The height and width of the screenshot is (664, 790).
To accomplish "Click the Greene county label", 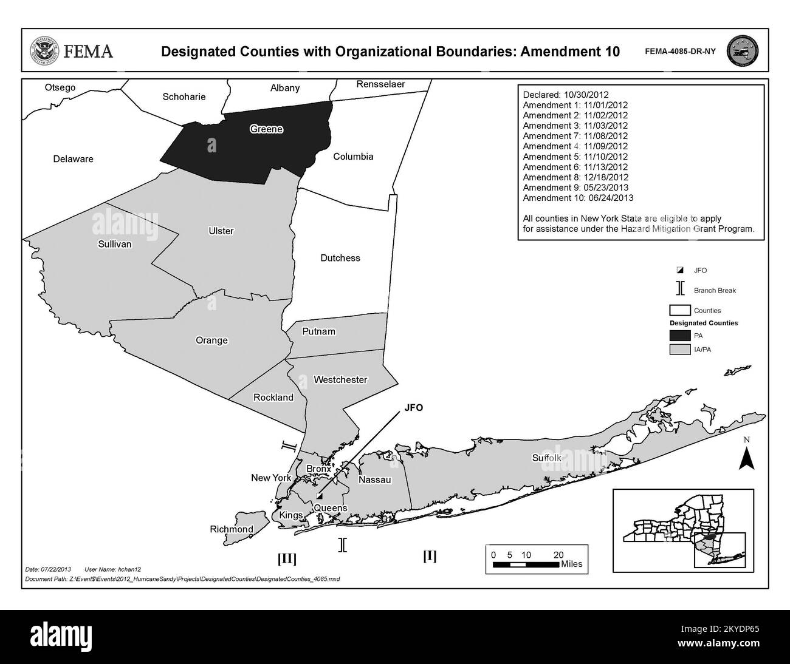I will coord(266,129).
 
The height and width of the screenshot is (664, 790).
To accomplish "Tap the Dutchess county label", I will coord(340,258).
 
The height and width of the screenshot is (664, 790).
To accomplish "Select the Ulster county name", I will coord(221,231).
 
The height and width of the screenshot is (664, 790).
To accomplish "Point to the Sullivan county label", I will coord(114,244).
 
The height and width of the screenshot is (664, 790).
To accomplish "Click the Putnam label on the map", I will coord(318,331).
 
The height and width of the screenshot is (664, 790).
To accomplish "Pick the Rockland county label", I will coord(273,398).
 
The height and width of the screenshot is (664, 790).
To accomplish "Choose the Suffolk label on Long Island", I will coord(547,457).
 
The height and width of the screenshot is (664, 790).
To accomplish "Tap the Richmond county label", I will coord(232,529).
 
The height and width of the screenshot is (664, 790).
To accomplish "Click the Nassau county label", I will coord(375,479).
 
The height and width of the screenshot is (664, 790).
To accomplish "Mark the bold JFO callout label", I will coord(413,408).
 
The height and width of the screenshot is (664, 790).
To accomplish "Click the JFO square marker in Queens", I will coord(319,496).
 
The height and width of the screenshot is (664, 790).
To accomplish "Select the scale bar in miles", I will coord(525,564).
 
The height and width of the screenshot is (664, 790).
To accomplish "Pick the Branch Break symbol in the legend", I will coord(679,290).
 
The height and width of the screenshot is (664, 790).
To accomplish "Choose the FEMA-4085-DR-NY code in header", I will coord(680,52).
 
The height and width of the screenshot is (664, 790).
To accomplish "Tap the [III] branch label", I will coord(286,558).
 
